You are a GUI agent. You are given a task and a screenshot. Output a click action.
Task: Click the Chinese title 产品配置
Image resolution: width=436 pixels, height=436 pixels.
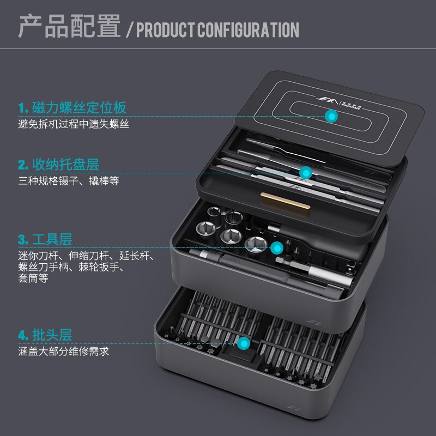tap(69, 27)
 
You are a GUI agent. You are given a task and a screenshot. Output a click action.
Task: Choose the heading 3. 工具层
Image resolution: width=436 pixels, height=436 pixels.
tap(45, 239)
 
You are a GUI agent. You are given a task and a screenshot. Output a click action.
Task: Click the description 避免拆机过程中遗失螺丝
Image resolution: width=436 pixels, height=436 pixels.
tap(74, 124)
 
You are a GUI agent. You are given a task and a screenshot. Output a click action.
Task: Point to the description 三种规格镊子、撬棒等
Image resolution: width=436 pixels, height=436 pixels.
tap(68, 181)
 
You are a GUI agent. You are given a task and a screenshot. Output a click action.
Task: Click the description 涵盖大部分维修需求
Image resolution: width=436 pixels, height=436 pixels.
tap(63, 352)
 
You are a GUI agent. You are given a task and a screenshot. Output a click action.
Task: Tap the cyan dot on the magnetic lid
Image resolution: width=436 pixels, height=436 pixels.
tap(330, 116)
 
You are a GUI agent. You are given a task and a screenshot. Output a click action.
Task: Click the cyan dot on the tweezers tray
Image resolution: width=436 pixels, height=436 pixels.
tap(306, 173)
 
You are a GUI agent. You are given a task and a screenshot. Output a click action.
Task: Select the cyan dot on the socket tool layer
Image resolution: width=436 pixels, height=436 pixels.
tap(277, 248)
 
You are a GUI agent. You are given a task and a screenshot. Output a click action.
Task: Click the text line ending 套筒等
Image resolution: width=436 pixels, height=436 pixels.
tap(33, 278)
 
